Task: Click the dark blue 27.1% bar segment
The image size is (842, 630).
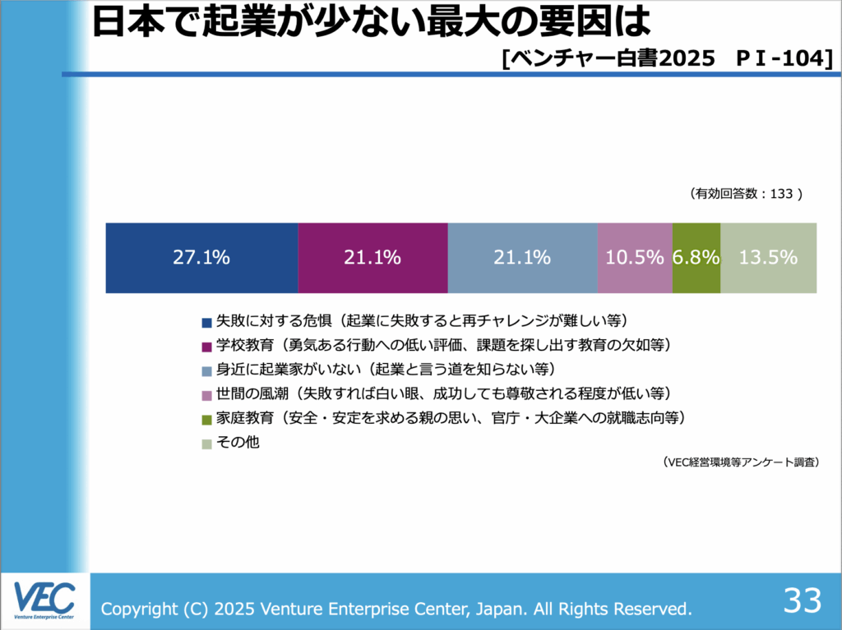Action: tap(201, 257)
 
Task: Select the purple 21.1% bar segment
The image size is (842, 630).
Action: tap(372, 257)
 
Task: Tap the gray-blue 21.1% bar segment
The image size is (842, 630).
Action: tap(522, 257)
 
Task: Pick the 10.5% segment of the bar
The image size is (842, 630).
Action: tap(635, 257)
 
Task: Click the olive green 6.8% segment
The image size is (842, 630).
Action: tap(696, 257)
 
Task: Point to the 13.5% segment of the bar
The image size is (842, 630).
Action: tap(768, 257)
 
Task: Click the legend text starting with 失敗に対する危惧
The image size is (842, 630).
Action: tap(420, 320)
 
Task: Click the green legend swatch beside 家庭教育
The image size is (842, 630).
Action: tap(206, 419)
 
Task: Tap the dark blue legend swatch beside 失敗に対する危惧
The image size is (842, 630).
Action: tap(206, 321)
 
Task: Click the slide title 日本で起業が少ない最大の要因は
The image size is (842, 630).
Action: tap(366, 24)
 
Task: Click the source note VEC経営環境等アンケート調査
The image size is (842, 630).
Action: tap(741, 463)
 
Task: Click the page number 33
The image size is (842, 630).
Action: tap(802, 601)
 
